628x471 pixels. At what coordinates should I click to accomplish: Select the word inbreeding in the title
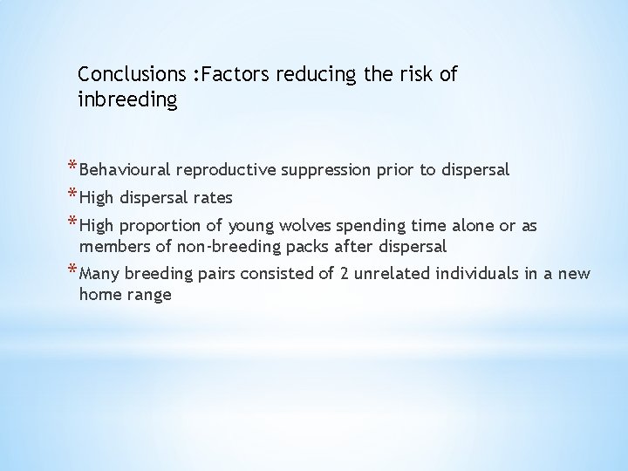[x=127, y=101]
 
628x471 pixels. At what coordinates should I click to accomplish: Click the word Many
[x=99, y=274]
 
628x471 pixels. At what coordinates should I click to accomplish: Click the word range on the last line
[x=149, y=295]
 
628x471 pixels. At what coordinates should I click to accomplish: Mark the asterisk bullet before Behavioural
[x=70, y=167]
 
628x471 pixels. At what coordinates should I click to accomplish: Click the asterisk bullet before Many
[x=70, y=271]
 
